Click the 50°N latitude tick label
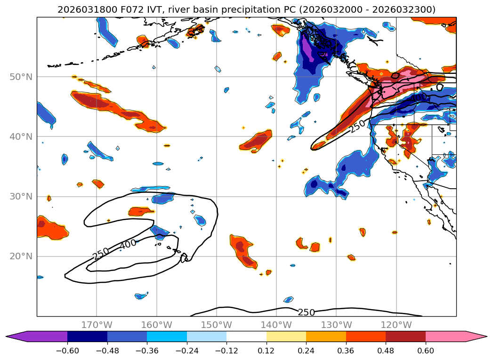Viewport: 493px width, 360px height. click(21, 77)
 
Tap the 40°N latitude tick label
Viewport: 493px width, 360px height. click(21, 137)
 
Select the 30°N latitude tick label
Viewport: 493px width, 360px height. click(21, 197)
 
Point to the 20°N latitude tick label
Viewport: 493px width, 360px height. click(21, 256)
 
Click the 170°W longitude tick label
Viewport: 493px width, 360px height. click(97, 325)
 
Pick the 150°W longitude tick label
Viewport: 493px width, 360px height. click(217, 325)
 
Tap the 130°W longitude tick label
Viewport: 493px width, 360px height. click(336, 325)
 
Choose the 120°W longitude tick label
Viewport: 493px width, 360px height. click(396, 325)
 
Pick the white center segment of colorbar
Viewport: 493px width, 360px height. click(246, 336)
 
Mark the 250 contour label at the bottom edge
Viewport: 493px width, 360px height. click(306, 312)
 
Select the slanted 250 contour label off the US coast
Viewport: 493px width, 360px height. click(357, 126)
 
